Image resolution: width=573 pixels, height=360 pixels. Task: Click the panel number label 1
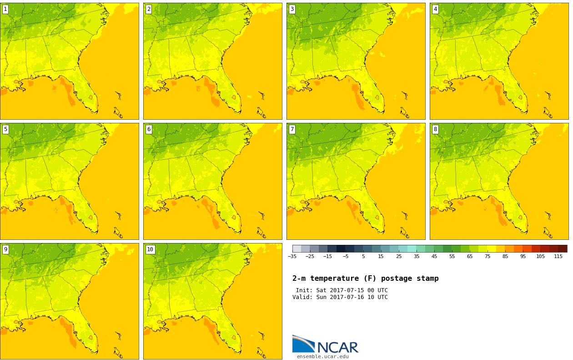point(5,9)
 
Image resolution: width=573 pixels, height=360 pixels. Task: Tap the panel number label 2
point(149,9)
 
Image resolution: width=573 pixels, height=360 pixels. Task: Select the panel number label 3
point(292,9)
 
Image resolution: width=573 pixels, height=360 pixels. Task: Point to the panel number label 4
point(435,9)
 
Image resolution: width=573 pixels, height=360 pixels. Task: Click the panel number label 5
point(5,129)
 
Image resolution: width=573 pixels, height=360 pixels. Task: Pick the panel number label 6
point(149,129)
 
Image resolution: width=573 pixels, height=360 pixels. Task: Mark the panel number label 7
point(292,129)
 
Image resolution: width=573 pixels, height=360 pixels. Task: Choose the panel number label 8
point(435,129)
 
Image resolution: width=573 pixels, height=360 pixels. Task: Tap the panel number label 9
point(5,249)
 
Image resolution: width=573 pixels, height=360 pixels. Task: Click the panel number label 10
point(150,249)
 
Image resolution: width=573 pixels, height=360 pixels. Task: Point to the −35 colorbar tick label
point(292,256)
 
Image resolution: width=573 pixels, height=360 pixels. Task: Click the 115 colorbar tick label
point(558,256)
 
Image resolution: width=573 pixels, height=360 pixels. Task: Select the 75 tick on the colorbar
point(488,256)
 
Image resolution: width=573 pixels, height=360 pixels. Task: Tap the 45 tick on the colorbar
point(434,256)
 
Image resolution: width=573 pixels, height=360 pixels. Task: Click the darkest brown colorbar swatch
point(563,248)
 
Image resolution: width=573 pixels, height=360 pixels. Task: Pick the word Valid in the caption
point(301,297)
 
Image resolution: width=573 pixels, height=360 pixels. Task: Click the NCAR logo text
point(337,347)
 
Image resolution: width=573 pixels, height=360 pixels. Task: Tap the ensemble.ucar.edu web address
point(322,356)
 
